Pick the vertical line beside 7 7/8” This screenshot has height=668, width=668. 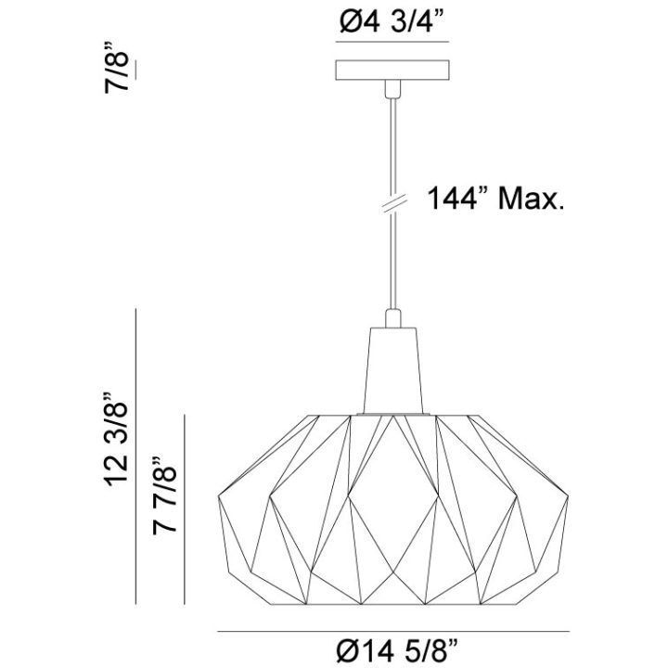point(186,505)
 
